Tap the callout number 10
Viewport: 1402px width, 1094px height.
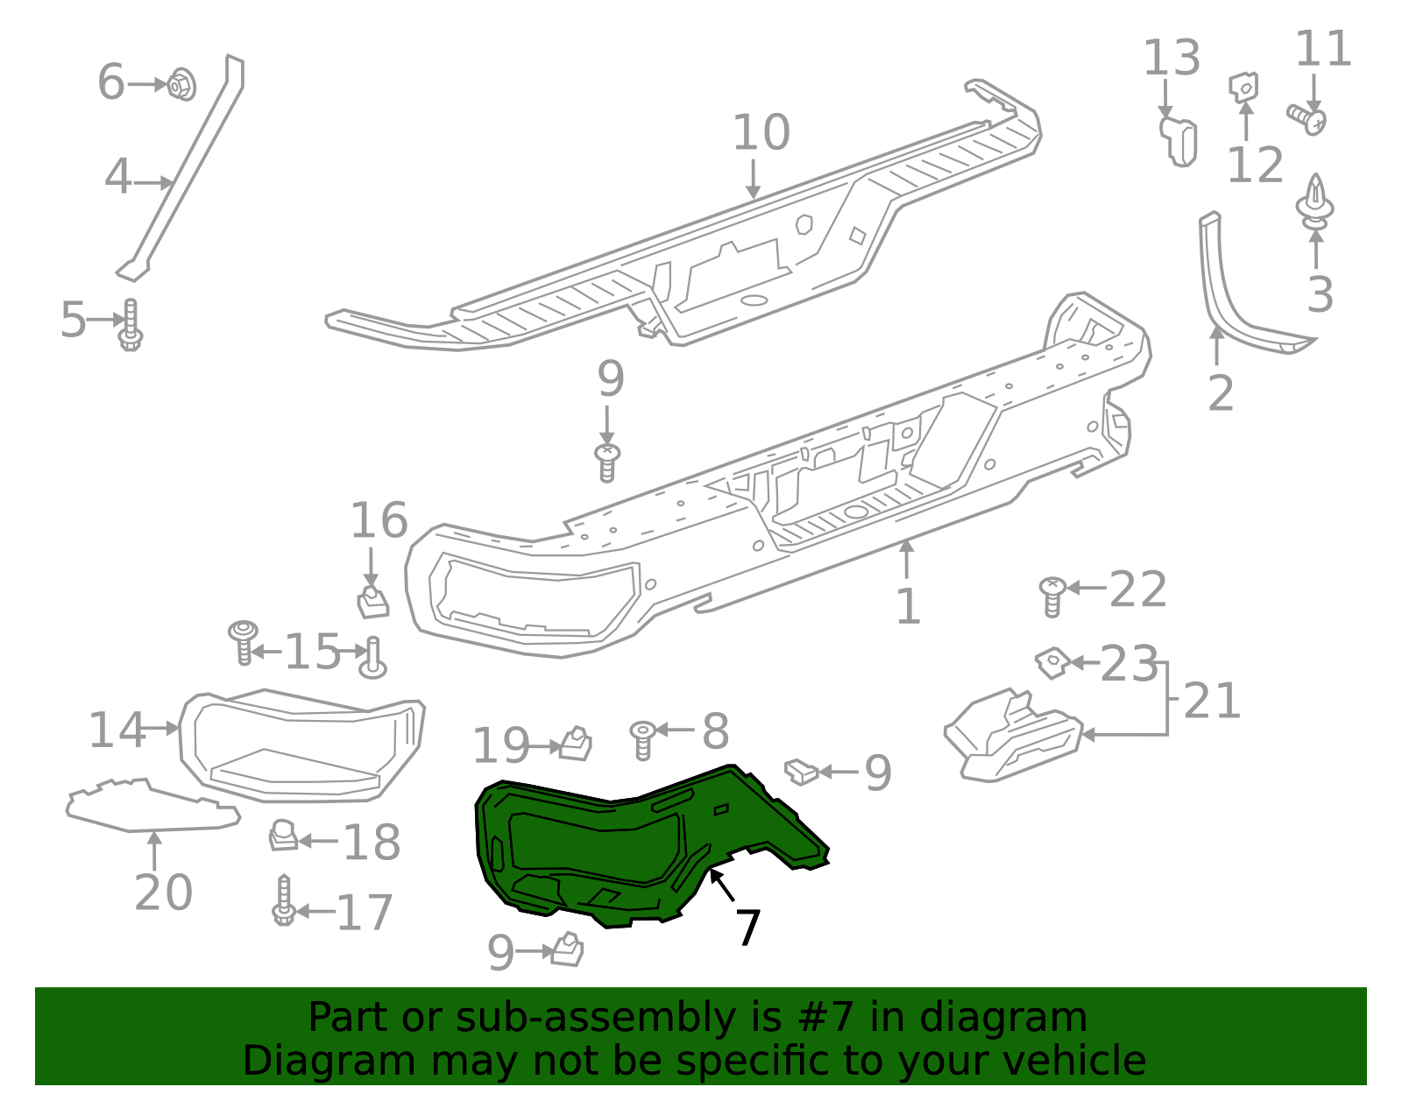(761, 133)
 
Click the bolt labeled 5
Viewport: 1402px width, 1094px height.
(131, 325)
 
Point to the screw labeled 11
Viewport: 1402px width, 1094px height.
(1306, 118)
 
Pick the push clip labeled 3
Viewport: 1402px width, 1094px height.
(1314, 202)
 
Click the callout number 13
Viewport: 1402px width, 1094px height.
(1171, 59)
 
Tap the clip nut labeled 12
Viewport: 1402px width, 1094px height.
(1244, 87)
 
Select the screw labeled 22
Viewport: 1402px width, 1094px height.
(1052, 596)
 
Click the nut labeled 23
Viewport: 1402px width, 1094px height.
(1052, 661)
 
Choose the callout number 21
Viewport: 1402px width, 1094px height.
(1212, 702)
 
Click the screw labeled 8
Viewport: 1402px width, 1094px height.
(642, 738)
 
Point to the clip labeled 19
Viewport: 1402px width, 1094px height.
(576, 744)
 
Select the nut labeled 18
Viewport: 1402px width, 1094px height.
(282, 836)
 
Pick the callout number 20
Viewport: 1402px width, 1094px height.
(163, 893)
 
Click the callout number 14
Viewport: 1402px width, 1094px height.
(117, 731)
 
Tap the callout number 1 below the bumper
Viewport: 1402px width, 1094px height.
(908, 606)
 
